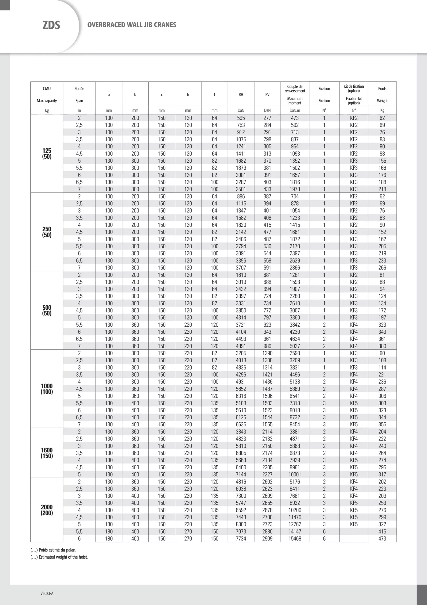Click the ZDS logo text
[x=51, y=25]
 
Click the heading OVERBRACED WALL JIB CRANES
[x=132, y=25]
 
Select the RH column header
[x=241, y=95]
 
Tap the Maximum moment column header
[x=295, y=101]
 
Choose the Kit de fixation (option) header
[x=354, y=89]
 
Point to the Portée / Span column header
[x=79, y=94]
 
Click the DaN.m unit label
[x=295, y=110]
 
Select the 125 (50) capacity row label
[x=47, y=153]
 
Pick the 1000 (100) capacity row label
[x=47, y=389]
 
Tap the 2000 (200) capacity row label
[x=47, y=510]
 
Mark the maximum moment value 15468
[x=295, y=539]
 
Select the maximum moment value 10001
[x=295, y=474]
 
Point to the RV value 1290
[x=267, y=353]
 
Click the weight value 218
[x=382, y=189]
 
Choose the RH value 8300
[x=241, y=524]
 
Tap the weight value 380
[x=382, y=346]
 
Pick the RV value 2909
[x=267, y=539]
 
